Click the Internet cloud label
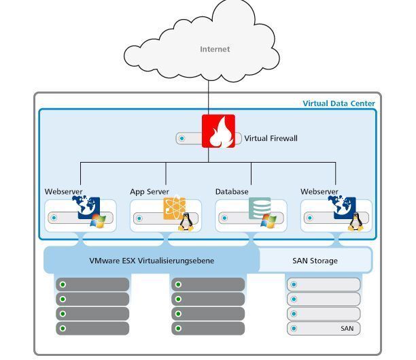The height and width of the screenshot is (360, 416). (x=215, y=49)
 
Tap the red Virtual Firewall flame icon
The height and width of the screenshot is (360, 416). (x=218, y=131)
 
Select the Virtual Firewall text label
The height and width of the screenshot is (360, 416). (x=271, y=138)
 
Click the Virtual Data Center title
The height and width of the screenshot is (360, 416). (x=339, y=103)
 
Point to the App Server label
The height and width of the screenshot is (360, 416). (x=150, y=192)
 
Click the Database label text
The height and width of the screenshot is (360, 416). (x=232, y=192)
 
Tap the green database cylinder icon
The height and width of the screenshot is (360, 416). (x=259, y=208)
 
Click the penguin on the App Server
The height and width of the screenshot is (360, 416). (x=185, y=222)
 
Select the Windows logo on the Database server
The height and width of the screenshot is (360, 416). (x=268, y=222)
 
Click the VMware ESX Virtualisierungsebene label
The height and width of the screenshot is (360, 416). (x=152, y=261)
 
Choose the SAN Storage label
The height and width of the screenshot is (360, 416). (x=315, y=261)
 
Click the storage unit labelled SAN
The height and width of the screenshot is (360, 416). (x=324, y=329)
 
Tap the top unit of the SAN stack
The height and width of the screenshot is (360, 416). (x=324, y=284)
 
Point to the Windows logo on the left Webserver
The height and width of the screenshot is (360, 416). (x=99, y=221)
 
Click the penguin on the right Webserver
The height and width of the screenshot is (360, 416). (x=355, y=222)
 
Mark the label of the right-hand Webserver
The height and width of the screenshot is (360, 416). (x=319, y=192)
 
